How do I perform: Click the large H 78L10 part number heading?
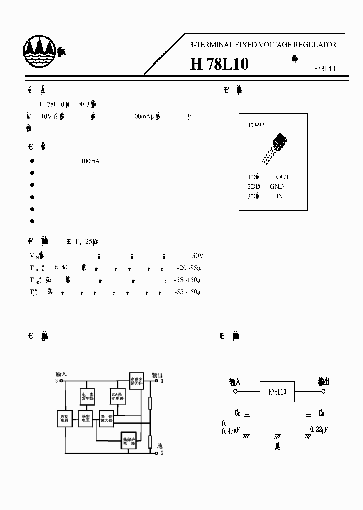[x=219, y=65]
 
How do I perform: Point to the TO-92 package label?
[x=256, y=125]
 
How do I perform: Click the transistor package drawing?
[x=275, y=146]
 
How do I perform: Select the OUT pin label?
[x=282, y=177]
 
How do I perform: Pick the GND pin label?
[x=277, y=186]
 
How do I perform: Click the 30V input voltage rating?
[x=198, y=256]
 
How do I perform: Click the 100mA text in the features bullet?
[x=90, y=161]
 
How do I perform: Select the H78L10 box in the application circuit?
[x=277, y=391]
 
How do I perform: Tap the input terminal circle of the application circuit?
[x=235, y=391]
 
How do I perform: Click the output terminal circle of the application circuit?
[x=324, y=391]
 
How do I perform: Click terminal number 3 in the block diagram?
[x=57, y=381]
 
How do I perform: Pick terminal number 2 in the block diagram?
[x=162, y=453]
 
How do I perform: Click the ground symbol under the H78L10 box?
[x=277, y=436]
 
